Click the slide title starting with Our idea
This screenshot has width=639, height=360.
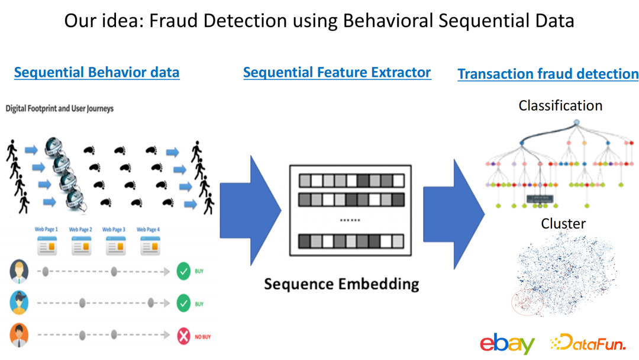click(319, 21)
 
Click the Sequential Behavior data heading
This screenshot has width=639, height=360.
click(96, 73)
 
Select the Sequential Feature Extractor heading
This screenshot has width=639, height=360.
click(337, 73)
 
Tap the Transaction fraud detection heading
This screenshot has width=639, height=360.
click(548, 74)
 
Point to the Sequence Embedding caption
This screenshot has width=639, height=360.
click(341, 284)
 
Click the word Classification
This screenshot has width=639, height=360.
click(560, 106)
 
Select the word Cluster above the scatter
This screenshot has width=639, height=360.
click(563, 224)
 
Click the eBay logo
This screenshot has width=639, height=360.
click(507, 343)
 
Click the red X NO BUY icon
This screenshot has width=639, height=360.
click(183, 337)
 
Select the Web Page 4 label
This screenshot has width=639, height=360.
click(148, 230)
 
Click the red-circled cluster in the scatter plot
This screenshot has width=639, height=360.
click(527, 302)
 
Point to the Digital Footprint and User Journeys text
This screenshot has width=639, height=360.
click(59, 109)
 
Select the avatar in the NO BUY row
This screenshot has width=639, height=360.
click(19, 336)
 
